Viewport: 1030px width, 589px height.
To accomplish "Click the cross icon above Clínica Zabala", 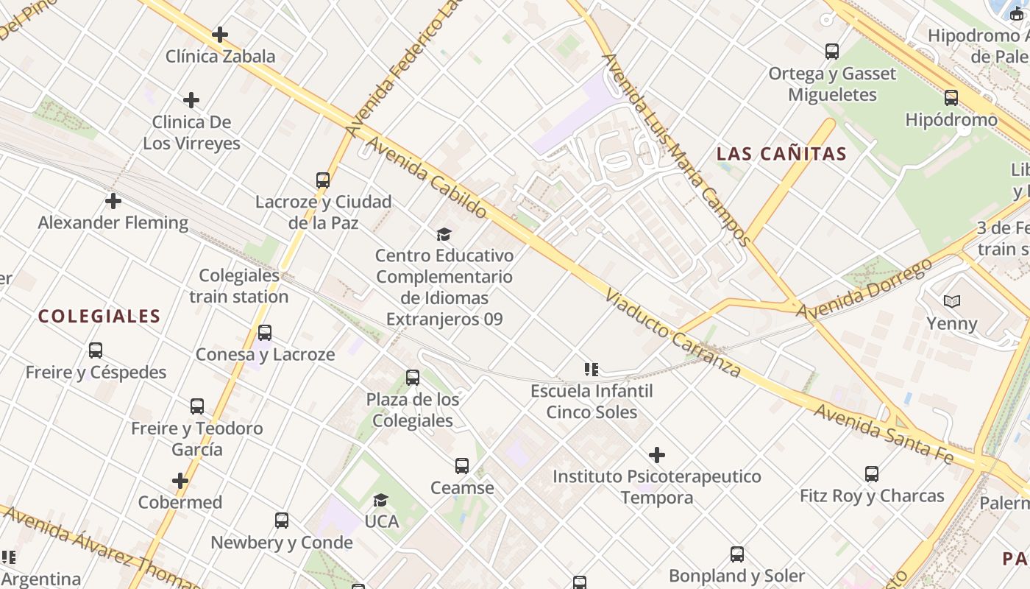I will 219,35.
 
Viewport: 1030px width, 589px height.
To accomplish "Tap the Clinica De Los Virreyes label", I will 191,133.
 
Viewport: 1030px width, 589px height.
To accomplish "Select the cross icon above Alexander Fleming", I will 113,201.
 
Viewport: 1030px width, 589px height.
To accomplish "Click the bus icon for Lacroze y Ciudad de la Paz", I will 322,180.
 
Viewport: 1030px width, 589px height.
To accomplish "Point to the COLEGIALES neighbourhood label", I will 99,317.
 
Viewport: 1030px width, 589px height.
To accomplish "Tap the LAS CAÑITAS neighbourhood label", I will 782,154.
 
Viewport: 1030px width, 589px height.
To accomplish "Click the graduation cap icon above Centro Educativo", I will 444,235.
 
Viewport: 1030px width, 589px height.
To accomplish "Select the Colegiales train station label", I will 239,286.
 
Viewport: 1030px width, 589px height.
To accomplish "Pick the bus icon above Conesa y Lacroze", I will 265,333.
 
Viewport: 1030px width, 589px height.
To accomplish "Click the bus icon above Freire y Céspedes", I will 96,350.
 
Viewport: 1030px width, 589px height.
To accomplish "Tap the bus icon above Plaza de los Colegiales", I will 413,378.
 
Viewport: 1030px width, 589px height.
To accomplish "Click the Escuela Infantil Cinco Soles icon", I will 591,369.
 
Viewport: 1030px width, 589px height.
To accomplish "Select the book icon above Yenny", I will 951,302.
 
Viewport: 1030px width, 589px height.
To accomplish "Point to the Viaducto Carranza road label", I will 672,333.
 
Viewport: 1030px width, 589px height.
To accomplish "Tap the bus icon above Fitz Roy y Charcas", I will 872,474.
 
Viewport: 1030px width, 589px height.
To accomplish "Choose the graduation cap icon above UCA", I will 380,501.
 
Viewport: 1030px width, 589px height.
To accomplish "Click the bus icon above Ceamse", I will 462,466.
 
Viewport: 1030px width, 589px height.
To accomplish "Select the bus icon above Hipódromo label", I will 951,98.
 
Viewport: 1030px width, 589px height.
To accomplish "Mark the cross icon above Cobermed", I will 180,482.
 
